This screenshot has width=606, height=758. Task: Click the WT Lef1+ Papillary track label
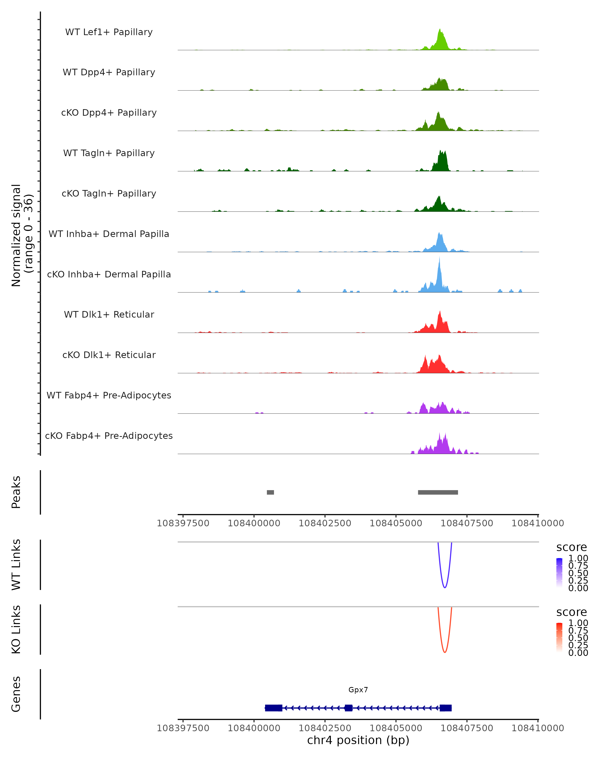[109, 32]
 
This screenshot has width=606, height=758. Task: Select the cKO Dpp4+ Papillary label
[109, 113]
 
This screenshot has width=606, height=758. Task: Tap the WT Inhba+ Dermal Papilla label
[109, 234]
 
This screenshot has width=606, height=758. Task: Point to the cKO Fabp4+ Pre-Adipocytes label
[109, 436]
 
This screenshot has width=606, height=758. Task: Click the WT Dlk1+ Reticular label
[109, 315]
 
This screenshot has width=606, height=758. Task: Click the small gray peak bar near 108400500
[270, 492]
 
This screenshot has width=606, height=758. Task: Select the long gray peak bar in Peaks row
[438, 492]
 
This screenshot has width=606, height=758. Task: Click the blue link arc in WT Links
[445, 587]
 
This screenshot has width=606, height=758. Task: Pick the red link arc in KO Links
[445, 652]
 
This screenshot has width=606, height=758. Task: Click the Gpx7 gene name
[358, 690]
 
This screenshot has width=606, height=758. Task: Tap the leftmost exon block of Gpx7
[273, 708]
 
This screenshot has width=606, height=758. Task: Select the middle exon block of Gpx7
[348, 708]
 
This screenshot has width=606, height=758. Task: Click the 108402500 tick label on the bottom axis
[325, 728]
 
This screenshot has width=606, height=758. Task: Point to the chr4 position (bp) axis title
[358, 740]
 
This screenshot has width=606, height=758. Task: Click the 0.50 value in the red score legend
[578, 638]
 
